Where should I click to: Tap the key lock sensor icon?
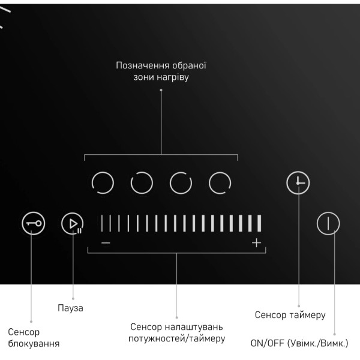[x=33, y=223]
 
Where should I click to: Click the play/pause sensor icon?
[x=73, y=223]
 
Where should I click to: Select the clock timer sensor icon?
[x=298, y=183]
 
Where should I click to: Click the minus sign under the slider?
[x=106, y=242]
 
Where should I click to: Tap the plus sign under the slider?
[x=256, y=242]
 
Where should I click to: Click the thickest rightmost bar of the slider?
[x=259, y=223]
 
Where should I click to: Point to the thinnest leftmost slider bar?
[x=102, y=223]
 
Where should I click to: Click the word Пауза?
[x=70, y=308]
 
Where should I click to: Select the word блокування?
[x=34, y=344]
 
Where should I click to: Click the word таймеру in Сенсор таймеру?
[x=307, y=315]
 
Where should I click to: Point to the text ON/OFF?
[x=268, y=343]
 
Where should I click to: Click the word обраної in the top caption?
[x=189, y=65]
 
